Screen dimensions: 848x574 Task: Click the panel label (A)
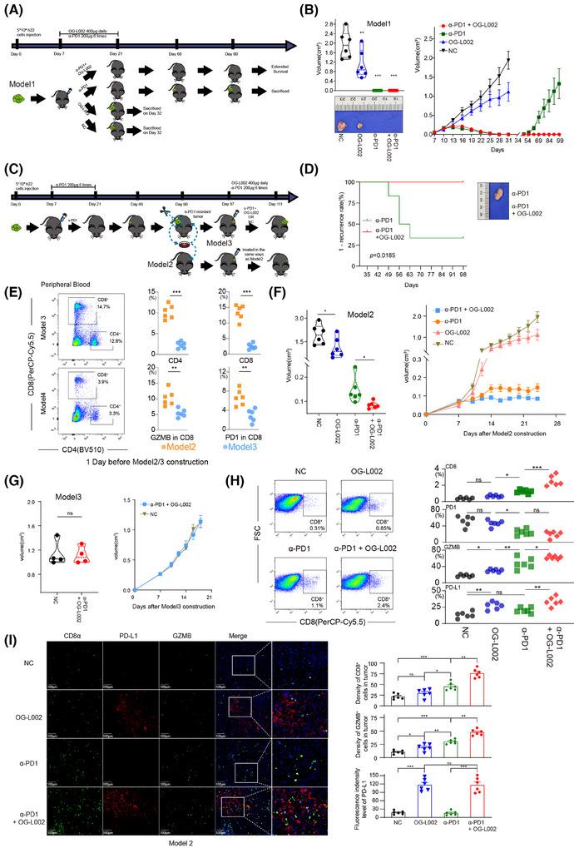click(12, 11)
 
